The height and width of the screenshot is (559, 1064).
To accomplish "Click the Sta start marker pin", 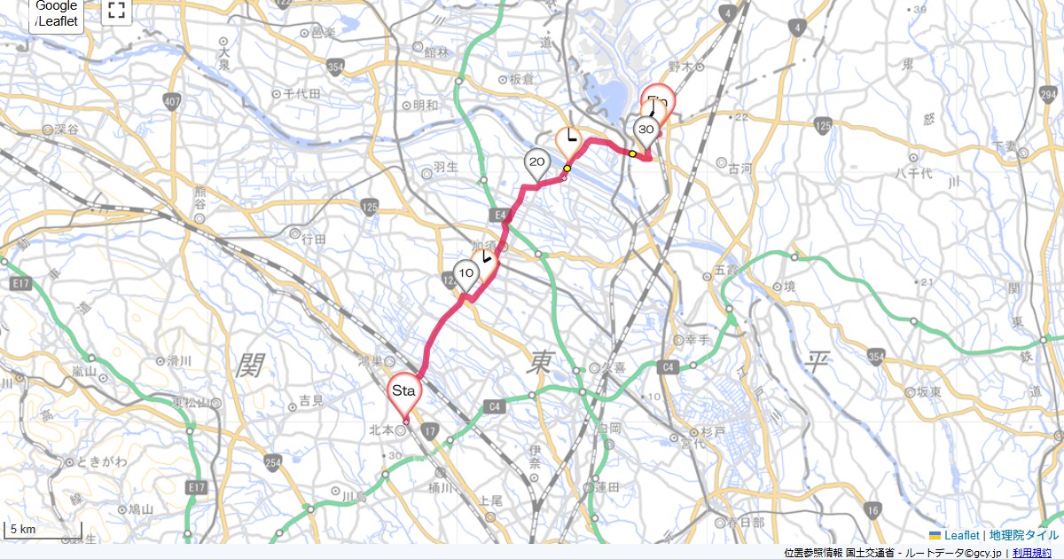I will click(x=405, y=392).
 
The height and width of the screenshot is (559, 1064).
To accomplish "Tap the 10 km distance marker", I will click(x=465, y=272).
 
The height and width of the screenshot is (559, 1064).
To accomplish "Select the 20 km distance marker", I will click(x=536, y=162).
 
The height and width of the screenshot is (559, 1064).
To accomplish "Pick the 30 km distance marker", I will click(x=645, y=131).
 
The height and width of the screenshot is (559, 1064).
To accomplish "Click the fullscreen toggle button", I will click(x=116, y=11).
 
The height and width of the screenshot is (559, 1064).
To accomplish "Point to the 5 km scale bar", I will click(x=43, y=531).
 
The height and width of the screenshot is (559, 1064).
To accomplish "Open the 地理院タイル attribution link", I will click(x=1024, y=535).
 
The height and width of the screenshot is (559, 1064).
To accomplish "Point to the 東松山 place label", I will click(x=191, y=402).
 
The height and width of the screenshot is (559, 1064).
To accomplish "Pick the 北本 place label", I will click(x=380, y=430).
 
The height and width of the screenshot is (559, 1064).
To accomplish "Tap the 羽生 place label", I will click(x=443, y=166).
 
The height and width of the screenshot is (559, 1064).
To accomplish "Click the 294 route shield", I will click(x=1049, y=95).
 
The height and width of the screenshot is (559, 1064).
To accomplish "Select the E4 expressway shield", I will click(x=498, y=215).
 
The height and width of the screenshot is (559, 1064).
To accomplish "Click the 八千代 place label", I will click(x=910, y=174).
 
